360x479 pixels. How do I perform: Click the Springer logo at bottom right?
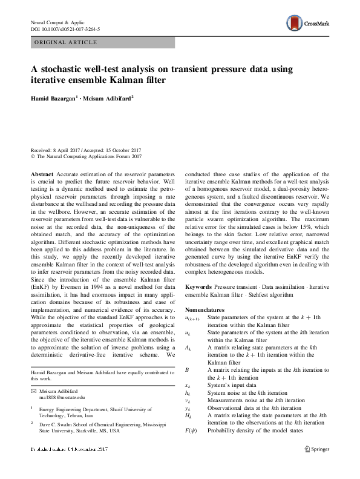click(x=316, y=466)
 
